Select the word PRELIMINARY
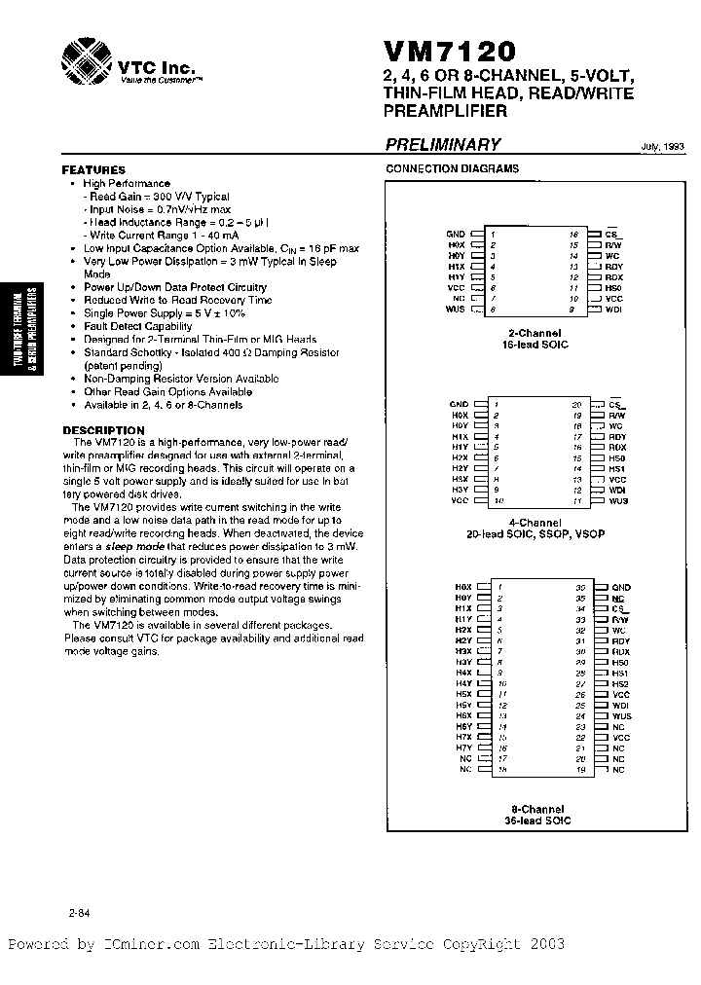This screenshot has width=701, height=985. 443,145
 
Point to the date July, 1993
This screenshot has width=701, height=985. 662,147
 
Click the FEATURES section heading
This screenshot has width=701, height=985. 93,169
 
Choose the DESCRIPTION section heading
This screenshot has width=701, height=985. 103,430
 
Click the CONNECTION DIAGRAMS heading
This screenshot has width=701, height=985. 453,168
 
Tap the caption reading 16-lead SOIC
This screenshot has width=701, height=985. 535,346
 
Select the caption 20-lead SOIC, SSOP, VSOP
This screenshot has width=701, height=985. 535,535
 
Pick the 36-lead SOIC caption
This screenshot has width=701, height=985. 538,821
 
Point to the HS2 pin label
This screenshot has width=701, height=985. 620,683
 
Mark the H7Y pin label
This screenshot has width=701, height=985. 462,747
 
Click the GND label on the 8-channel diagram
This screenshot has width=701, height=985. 621,587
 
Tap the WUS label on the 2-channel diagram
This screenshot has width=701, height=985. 456,310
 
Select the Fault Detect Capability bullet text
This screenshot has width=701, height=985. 137,326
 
